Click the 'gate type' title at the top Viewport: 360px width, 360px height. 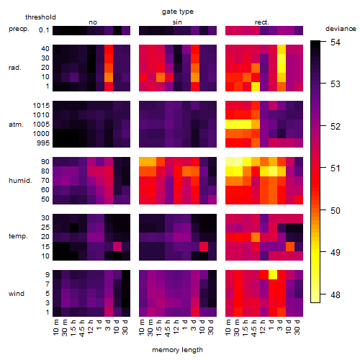pos(178,12)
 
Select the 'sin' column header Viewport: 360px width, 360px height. pos(177,22)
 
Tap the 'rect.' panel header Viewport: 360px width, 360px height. pos(261,22)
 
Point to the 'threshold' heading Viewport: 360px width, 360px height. pos(40,17)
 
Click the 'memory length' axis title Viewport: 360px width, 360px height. pos(177,350)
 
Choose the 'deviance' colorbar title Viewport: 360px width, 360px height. pos(341,29)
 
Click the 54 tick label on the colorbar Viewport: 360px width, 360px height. pos(336,42)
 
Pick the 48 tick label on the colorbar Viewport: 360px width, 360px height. pos(336,294)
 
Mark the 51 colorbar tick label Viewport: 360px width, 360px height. pos(336,168)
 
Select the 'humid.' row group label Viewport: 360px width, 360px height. pos(20,181)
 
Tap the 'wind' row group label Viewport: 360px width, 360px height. pos(17,294)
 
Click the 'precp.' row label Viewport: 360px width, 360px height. pos(19,29)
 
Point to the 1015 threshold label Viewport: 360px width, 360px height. pos(41,106)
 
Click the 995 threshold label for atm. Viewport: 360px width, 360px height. pos(43,143)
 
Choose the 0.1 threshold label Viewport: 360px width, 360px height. pos(44,30)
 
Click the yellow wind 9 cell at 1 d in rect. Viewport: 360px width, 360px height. pos(273,274)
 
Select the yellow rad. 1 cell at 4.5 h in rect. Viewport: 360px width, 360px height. pos(256,86)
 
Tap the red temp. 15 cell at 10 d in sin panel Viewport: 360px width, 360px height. pos(204,246)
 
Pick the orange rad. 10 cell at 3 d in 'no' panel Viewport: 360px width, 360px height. pos(109,77)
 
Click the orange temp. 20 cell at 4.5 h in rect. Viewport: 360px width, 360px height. pos(256,237)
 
